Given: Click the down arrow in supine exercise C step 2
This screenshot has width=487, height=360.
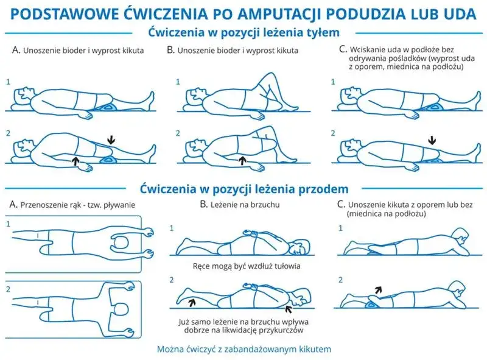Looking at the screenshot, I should tap(432, 141).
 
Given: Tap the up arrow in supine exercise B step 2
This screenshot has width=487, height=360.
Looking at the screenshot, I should tap(243, 160).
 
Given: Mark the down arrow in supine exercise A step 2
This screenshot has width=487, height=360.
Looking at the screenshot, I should tap(110, 140).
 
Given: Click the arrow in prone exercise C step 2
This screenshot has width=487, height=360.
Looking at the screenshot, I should tap(379, 291).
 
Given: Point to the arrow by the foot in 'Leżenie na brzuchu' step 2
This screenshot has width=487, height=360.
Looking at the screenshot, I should tap(194, 300).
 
